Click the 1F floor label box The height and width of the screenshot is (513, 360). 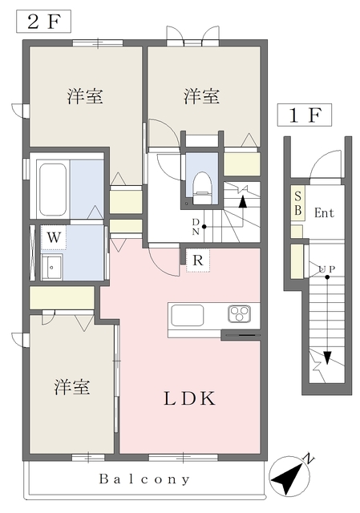click(x=304, y=115)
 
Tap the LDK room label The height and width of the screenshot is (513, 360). click(x=190, y=398)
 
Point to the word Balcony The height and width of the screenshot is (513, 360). click(x=145, y=479)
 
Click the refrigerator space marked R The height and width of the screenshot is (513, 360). click(x=196, y=259)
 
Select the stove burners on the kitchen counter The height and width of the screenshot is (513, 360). click(x=241, y=313)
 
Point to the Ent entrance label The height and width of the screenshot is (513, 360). click(x=324, y=212)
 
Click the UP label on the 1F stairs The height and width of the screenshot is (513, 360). click(x=326, y=269)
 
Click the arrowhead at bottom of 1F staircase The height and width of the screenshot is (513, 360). click(x=327, y=358)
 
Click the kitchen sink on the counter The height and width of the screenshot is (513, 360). click(x=188, y=313)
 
